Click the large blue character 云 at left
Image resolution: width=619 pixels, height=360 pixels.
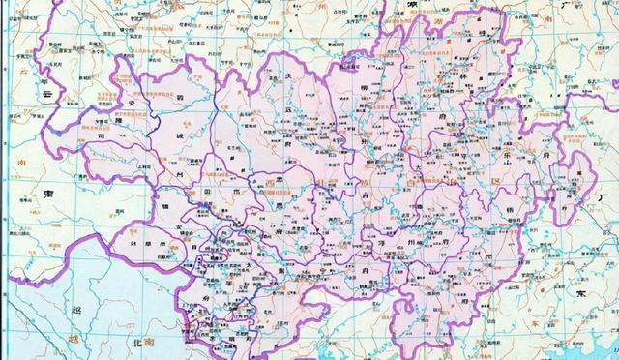click(45, 98)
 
